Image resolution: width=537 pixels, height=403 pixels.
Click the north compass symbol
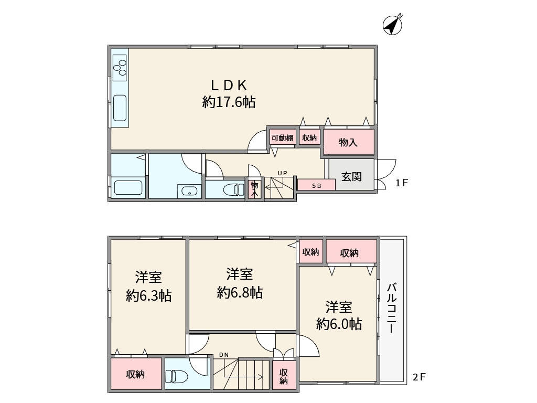[x=392, y=24]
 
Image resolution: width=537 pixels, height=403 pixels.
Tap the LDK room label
[x=229, y=85]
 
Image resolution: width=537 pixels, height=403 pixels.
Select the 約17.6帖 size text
[x=229, y=102]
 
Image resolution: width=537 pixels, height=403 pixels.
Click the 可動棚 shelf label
[x=282, y=138]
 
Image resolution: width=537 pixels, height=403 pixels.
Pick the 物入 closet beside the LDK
[x=349, y=142]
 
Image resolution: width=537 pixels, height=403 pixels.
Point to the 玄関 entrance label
[x=351, y=177]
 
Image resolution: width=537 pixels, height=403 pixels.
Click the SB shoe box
[x=316, y=185]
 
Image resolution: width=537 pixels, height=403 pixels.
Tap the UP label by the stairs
[x=283, y=173]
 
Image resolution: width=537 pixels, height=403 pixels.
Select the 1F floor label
[x=402, y=183]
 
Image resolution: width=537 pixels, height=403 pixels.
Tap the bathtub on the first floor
[x=128, y=188]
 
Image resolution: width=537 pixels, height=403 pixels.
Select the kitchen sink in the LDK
[x=120, y=108]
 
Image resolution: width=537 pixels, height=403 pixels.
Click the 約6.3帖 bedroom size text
[x=148, y=295]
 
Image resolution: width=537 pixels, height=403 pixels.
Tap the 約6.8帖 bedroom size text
[x=240, y=293]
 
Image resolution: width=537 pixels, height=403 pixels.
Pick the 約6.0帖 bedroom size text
[x=339, y=324]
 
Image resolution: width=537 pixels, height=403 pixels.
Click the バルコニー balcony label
[x=392, y=308]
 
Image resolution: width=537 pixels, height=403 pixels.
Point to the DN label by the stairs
[x=224, y=355]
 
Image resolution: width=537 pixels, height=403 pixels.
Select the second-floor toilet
[x=177, y=377]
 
